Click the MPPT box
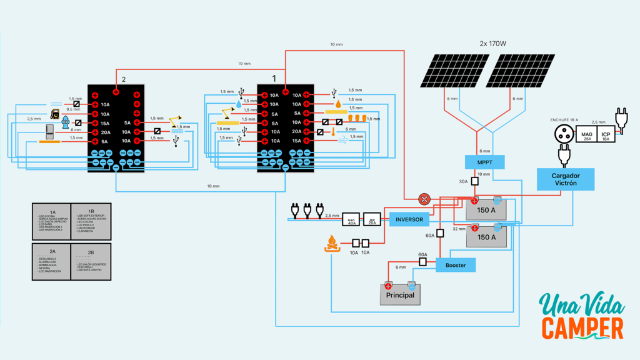coord(484,162)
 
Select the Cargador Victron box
coord(565,179)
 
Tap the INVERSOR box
coord(409,219)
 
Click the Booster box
coord(456,266)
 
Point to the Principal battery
coord(400,294)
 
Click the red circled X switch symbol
coord(424,199)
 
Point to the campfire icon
coord(332,243)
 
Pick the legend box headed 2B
coord(91,262)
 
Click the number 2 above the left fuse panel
coord(124,79)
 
